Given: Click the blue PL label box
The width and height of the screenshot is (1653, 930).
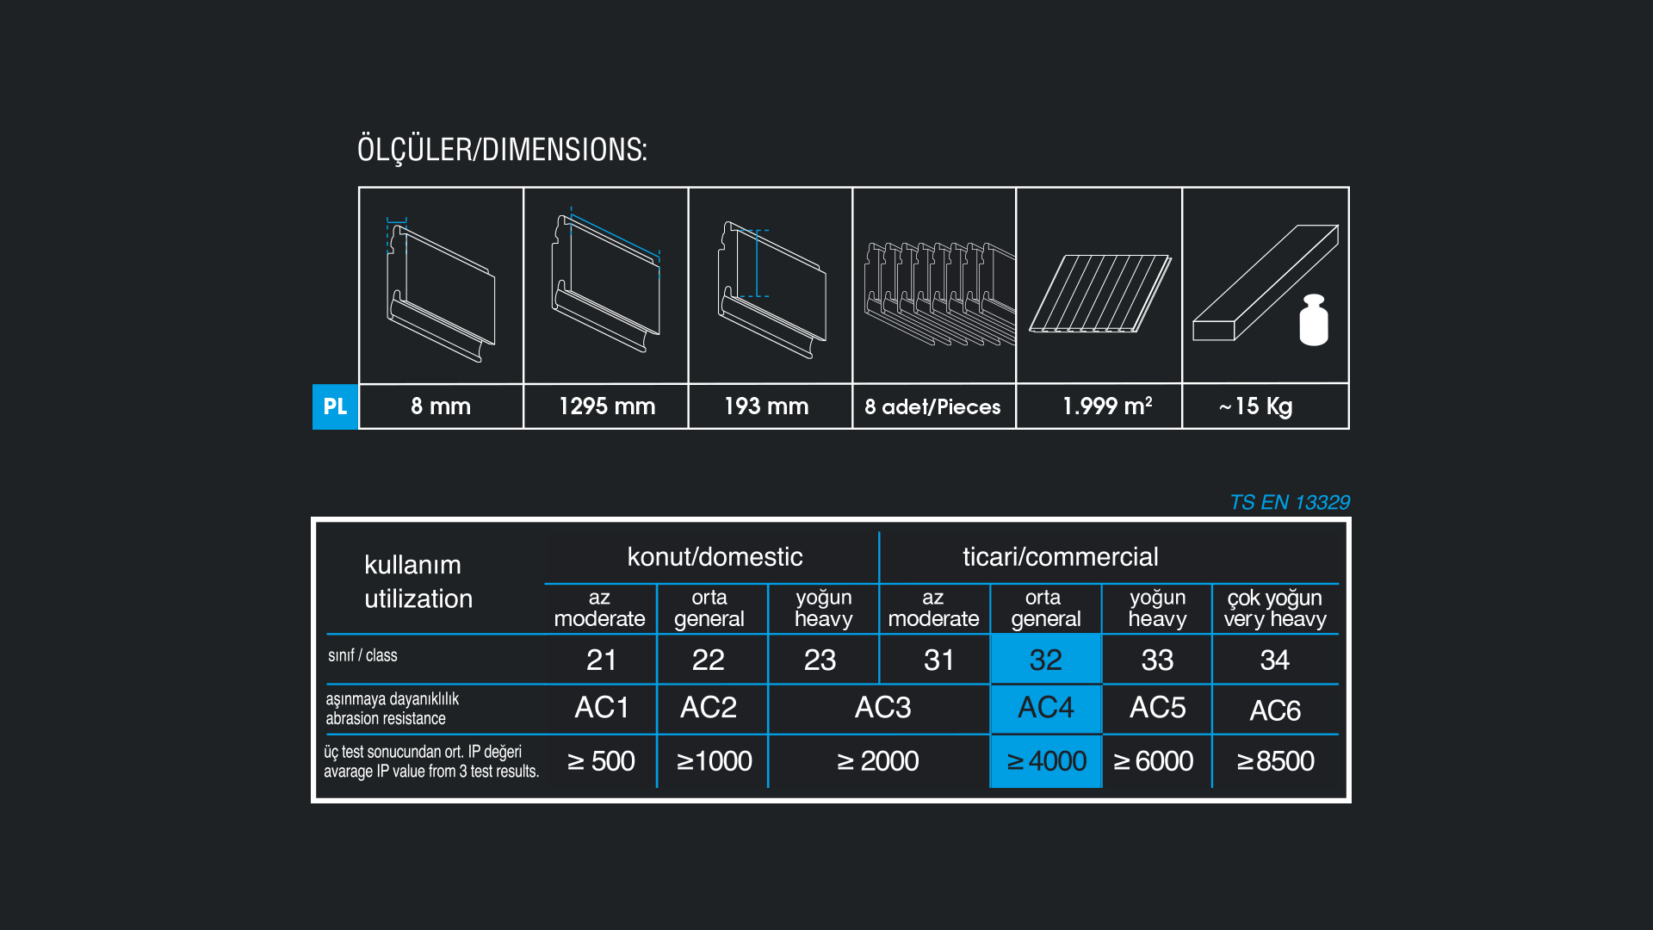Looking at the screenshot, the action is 335,406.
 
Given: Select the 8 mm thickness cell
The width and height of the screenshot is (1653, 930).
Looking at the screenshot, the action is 441,406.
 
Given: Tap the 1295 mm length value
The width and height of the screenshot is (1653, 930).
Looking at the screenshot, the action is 607,406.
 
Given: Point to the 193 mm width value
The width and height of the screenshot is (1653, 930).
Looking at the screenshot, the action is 766,406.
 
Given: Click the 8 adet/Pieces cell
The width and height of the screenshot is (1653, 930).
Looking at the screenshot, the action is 934,406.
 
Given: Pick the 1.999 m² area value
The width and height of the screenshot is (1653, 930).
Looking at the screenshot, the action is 1107,406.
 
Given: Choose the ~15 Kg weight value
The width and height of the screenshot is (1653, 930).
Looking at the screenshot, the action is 1256,406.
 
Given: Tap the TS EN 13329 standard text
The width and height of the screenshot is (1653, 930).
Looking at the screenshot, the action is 1290,502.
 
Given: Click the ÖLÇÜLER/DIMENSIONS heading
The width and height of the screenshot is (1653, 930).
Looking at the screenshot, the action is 502,150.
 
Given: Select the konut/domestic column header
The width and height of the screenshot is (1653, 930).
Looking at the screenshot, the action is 715,557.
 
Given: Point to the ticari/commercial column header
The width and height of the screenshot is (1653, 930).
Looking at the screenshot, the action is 1061,557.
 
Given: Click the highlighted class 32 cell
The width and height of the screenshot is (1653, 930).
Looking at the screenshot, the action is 1046,660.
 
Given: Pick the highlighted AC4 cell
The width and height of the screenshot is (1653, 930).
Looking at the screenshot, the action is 1046,709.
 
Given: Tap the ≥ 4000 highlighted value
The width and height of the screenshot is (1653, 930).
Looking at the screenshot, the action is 1046,761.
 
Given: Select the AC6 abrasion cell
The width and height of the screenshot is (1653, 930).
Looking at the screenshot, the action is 1275,710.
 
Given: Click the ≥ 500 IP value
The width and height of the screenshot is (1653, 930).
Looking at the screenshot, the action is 601,761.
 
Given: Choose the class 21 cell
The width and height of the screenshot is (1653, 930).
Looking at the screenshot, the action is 602,660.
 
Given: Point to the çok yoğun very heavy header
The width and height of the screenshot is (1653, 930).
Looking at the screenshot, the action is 1275,608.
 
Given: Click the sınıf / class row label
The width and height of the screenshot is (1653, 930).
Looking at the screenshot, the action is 362,655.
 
